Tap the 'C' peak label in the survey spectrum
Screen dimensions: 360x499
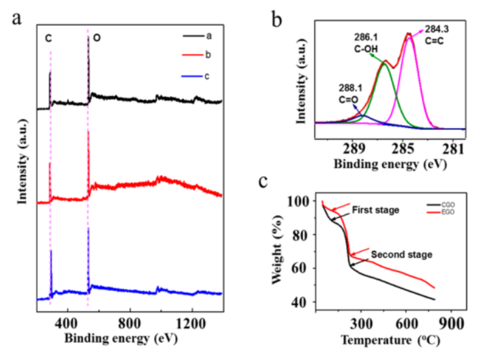click(49, 39)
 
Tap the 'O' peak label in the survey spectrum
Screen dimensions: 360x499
click(97, 39)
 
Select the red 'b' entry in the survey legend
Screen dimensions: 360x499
click(206, 55)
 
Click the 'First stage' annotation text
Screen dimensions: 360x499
click(376, 210)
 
